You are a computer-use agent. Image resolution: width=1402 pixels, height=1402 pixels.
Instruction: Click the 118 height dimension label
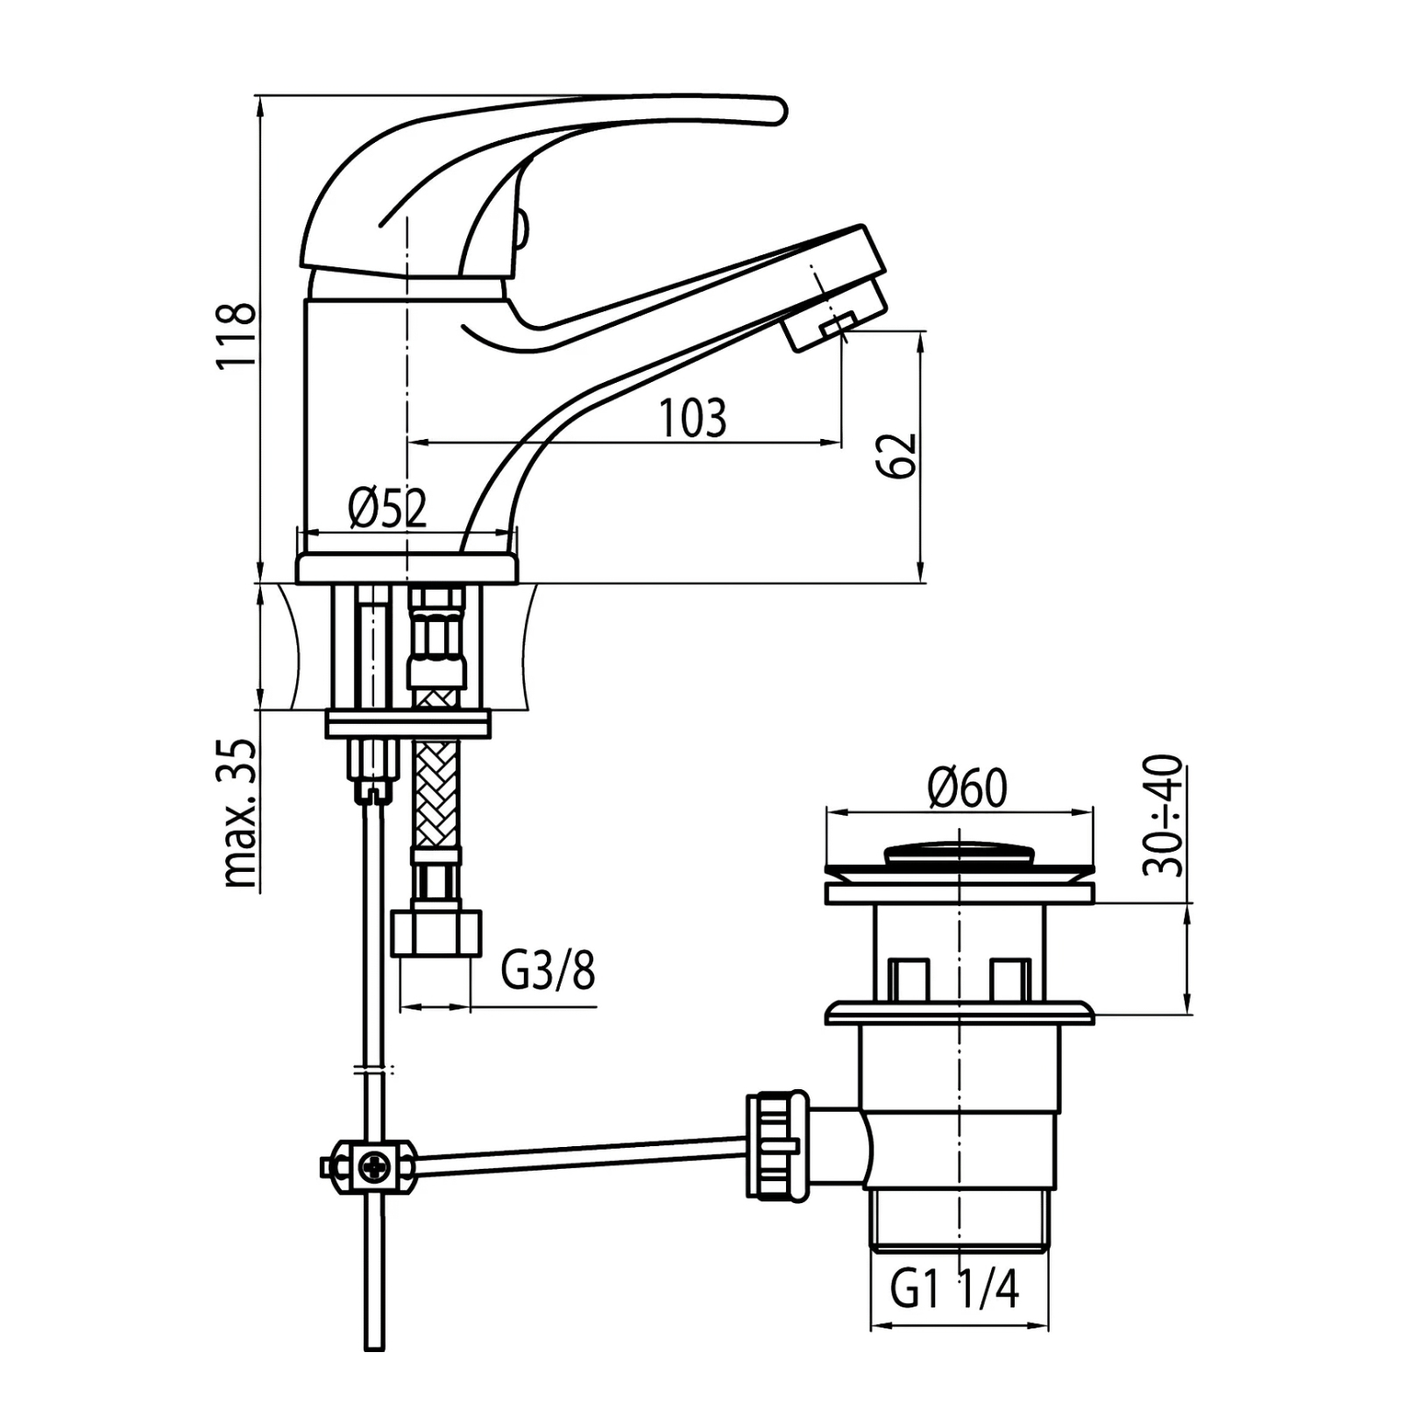coord(237,335)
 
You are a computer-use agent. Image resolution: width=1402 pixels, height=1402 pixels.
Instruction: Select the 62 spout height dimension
coord(897,455)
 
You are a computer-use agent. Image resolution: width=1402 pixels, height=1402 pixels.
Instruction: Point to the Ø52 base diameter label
coord(387,508)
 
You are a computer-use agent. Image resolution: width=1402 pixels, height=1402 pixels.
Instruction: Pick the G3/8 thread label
coord(549,971)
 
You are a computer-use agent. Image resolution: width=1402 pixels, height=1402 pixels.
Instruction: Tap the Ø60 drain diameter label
coord(967,788)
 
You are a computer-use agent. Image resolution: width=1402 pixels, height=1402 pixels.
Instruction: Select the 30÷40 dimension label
coord(1164,816)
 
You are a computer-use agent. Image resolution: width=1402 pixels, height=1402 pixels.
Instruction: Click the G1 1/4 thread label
coord(955,1289)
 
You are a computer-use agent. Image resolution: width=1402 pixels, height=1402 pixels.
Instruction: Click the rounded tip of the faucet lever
coord(776,110)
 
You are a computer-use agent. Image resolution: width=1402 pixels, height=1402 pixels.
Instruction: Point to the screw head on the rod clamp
coord(372,1165)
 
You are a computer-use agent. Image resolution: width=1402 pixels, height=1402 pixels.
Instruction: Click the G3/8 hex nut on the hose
coord(435,932)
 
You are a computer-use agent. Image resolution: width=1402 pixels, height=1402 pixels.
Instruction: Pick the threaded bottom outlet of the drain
coord(959,1217)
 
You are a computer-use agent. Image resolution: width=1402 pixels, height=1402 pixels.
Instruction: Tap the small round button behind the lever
coord(521,228)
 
